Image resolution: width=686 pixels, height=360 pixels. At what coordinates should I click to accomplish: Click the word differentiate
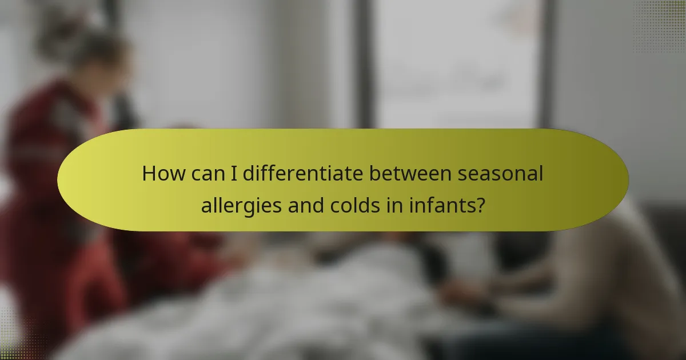pos(302,173)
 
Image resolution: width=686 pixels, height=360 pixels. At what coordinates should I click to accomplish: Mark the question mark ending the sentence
pos(481,205)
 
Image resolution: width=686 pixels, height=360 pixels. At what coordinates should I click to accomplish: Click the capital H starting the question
pos(149,173)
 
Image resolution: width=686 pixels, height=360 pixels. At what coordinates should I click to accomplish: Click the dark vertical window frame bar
pos(363,63)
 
